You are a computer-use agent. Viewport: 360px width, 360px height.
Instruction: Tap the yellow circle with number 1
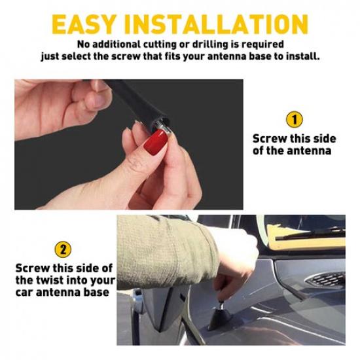pos(295,120)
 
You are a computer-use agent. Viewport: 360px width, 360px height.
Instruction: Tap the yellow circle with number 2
pos(63,249)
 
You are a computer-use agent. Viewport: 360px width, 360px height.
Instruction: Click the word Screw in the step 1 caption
pos(270,139)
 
